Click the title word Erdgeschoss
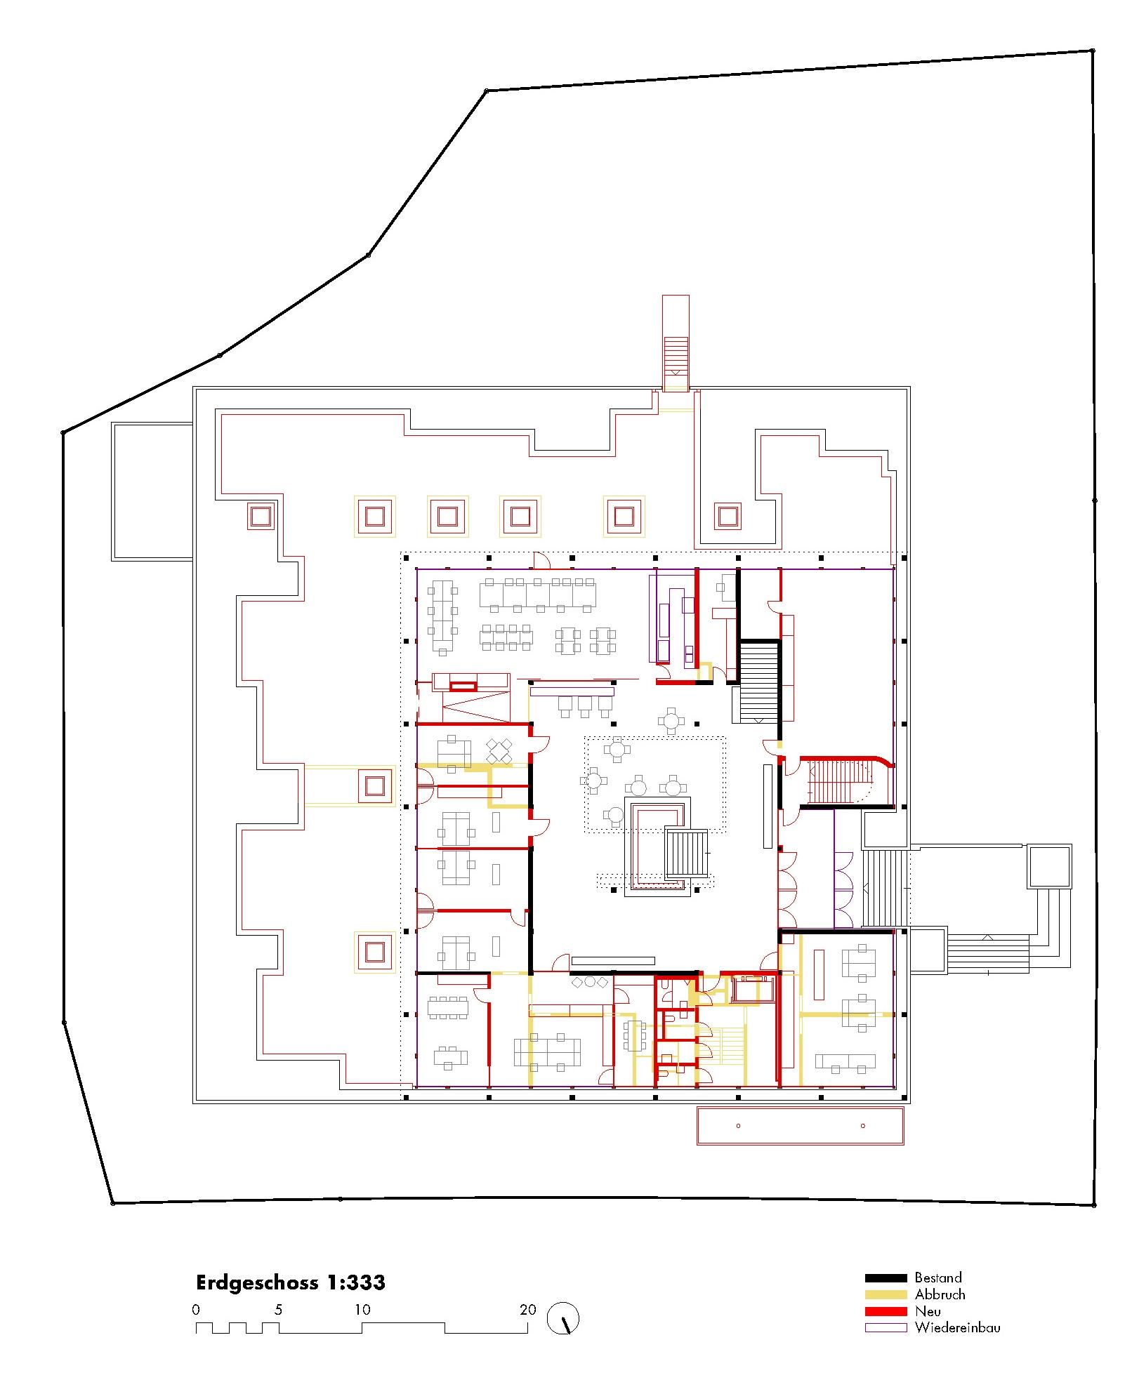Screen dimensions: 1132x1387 pyautogui.click(x=257, y=1282)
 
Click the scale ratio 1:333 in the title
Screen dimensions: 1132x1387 pyautogui.click(x=355, y=1282)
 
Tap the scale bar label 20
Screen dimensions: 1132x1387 pyautogui.click(x=527, y=1309)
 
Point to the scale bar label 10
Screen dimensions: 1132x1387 pyautogui.click(x=362, y=1309)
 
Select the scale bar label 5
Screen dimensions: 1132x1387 pyautogui.click(x=279, y=1309)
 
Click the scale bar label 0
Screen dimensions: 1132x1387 pyautogui.click(x=196, y=1309)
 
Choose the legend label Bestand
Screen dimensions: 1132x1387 pyautogui.click(x=937, y=1277)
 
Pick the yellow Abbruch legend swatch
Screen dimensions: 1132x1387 pyautogui.click(x=886, y=1294)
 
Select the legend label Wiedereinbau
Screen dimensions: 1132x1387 pyautogui.click(x=957, y=1327)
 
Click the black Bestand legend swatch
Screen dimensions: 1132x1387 pyautogui.click(x=886, y=1278)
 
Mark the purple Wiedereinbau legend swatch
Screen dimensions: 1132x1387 pyautogui.click(x=886, y=1327)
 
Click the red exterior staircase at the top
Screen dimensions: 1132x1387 pyautogui.click(x=676, y=343)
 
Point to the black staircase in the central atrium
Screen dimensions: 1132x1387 pyautogui.click(x=687, y=853)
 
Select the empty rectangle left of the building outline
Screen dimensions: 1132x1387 pyautogui.click(x=152, y=491)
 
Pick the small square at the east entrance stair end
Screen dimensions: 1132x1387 pyautogui.click(x=1049, y=867)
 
